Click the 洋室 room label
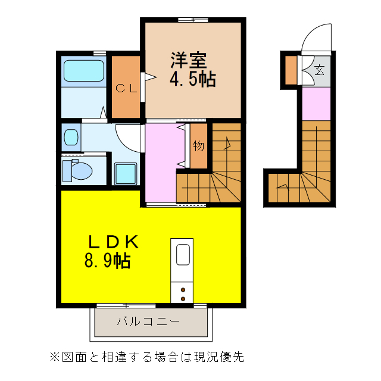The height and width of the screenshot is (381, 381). tap(189, 61)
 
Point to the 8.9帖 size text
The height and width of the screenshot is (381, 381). tap(107, 260)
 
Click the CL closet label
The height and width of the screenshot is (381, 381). tap(126, 89)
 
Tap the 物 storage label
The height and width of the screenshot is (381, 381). tap(199, 145)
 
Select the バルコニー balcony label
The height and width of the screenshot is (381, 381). tap(148, 322)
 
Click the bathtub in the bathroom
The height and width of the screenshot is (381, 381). tap(84, 70)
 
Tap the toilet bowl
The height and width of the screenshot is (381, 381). tap(79, 171)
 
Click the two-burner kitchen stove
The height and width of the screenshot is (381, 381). tap(182, 292)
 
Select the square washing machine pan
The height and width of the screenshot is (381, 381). tap(125, 174)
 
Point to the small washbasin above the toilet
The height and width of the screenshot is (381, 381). tap(71, 138)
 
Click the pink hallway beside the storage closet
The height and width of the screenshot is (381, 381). tap(162, 161)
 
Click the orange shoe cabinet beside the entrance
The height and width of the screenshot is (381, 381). tap(291, 70)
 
